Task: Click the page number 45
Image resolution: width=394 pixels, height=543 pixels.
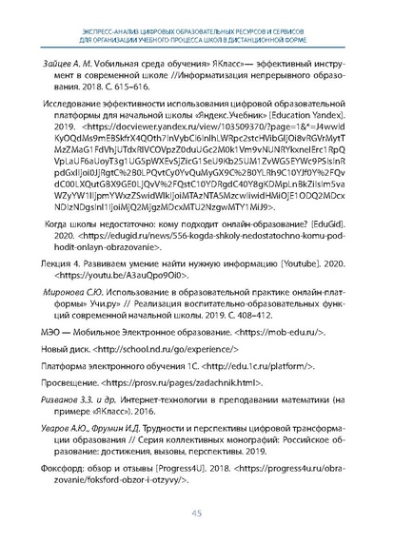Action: [x=196, y=513]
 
